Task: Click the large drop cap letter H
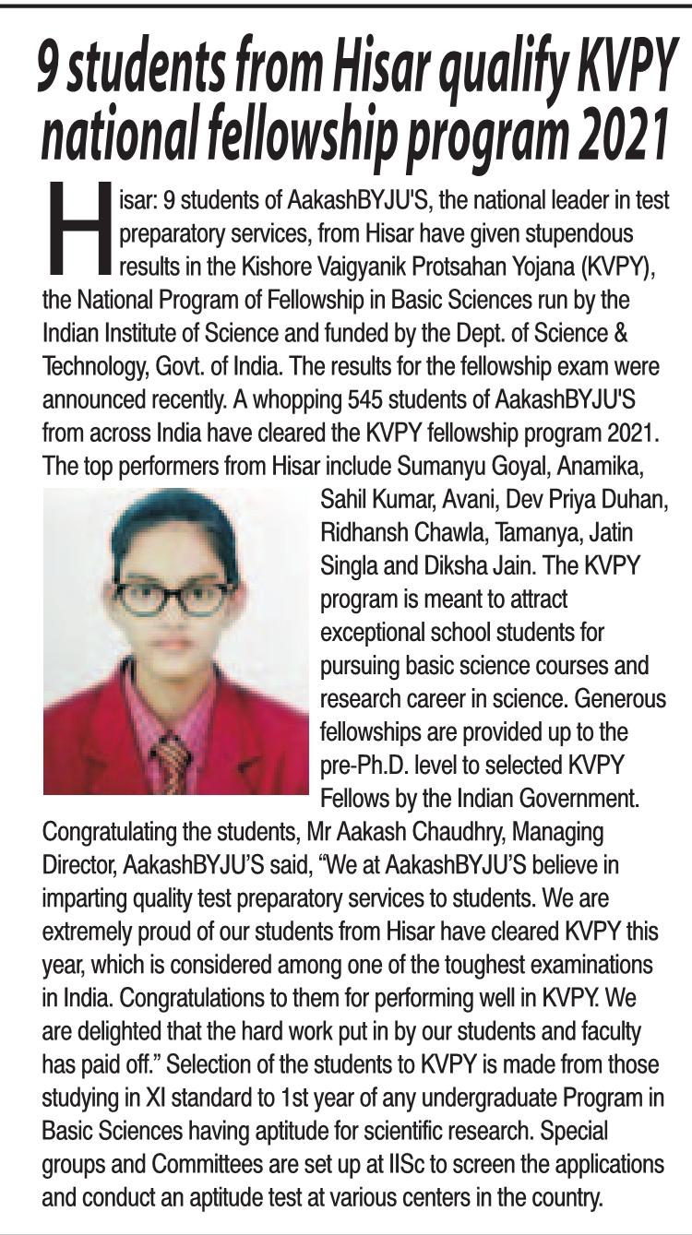click(x=77, y=229)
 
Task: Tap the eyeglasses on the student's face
click(x=175, y=597)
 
